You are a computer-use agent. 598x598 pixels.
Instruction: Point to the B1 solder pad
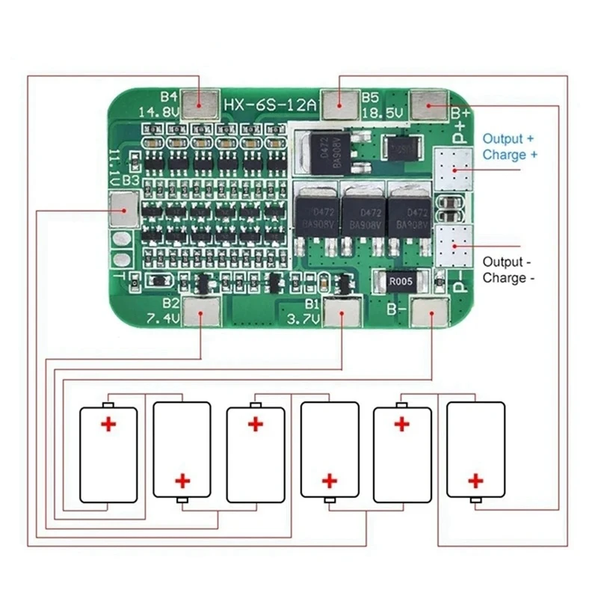pyautogui.click(x=344, y=312)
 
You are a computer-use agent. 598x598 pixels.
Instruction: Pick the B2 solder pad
pyautogui.click(x=201, y=312)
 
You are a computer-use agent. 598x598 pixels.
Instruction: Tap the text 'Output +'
pyautogui.click(x=508, y=139)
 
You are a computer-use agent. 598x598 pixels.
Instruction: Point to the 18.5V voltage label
pyautogui.click(x=383, y=113)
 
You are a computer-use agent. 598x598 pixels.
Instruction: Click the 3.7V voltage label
pyautogui.click(x=302, y=320)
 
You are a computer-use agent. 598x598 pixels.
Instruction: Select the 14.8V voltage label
pyautogui.click(x=158, y=113)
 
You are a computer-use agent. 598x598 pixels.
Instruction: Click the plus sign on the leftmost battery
pyautogui.click(x=109, y=425)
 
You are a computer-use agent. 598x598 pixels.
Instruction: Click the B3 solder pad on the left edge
pyautogui.click(x=123, y=210)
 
